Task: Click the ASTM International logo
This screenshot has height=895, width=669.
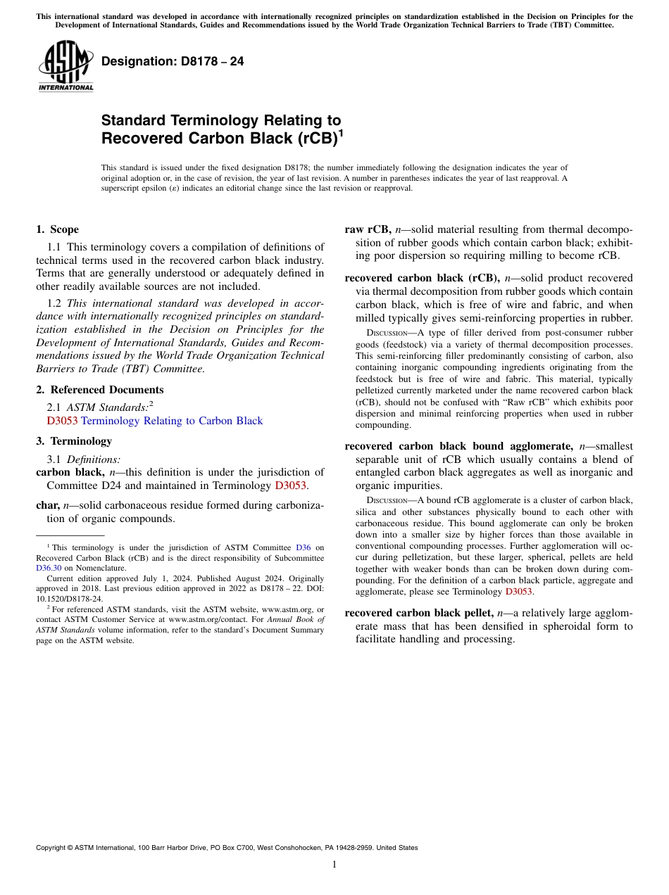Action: click(x=65, y=66)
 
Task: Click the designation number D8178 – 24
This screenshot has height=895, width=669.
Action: click(x=173, y=61)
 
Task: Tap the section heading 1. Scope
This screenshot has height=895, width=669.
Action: click(x=57, y=229)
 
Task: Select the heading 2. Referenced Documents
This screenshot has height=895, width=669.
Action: click(x=99, y=390)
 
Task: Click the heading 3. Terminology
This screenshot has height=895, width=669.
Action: click(x=74, y=441)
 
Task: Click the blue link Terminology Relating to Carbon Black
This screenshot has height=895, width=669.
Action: click(x=172, y=421)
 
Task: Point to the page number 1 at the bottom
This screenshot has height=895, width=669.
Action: click(x=334, y=865)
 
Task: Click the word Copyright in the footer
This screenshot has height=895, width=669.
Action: click(x=54, y=848)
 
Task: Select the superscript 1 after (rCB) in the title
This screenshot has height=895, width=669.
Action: click(x=342, y=133)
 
